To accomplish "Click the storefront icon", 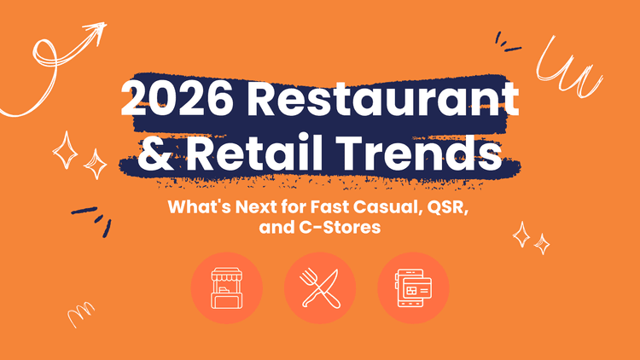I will pos(226,287).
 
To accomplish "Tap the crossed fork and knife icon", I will pos(320,287).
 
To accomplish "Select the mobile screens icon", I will pos(413,287).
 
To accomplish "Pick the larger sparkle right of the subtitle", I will pos(521,232).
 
